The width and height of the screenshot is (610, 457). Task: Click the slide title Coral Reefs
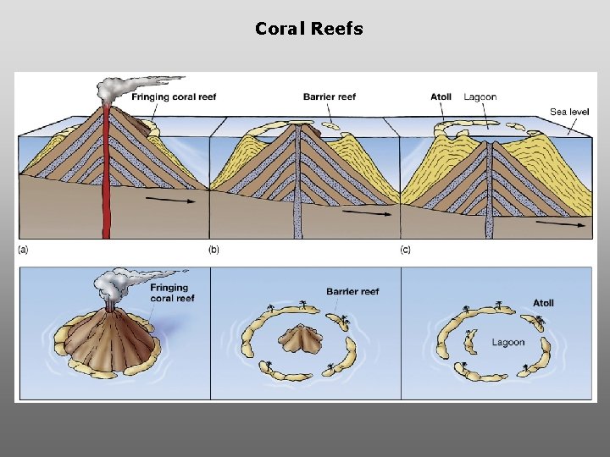pos(309,29)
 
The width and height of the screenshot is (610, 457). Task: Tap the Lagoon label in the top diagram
pos(480,96)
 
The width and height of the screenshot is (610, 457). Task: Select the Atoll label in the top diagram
pos(441,96)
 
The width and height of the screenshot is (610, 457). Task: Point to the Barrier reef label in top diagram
pos(330,96)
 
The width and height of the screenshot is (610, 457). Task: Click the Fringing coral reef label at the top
pos(174,96)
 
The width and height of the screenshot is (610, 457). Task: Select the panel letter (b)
pos(214,250)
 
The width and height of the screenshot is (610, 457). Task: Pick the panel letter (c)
pos(406,250)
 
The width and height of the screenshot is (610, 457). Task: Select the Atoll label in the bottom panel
pos(543,303)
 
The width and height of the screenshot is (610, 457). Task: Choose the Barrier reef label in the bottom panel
pos(352,291)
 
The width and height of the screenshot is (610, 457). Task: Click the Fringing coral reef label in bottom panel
pos(173,293)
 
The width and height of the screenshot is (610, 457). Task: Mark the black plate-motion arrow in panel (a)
pos(166,201)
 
